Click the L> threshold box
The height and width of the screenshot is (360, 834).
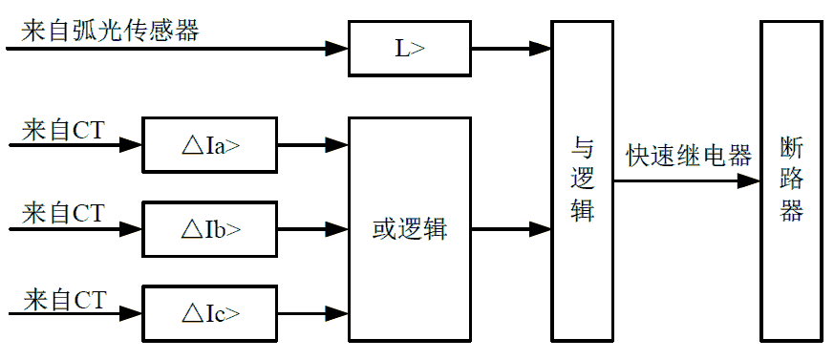(x=410, y=48)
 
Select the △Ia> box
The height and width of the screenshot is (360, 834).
(x=209, y=146)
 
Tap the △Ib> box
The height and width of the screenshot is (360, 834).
(x=209, y=229)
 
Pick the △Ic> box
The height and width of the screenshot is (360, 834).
(x=209, y=312)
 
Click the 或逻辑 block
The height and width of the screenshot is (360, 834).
(x=410, y=229)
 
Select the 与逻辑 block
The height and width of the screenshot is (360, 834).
(x=582, y=180)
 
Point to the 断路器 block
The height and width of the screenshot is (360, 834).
(x=791, y=180)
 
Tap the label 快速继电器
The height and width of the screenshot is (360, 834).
(x=688, y=156)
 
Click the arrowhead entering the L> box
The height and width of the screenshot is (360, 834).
(x=337, y=48)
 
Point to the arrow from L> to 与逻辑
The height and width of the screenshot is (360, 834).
(x=511, y=48)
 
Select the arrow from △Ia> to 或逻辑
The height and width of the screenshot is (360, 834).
(x=312, y=146)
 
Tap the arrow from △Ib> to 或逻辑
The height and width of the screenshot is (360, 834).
(x=312, y=229)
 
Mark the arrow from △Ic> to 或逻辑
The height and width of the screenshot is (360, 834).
(x=312, y=312)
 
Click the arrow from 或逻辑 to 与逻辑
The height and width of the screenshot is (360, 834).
(x=511, y=229)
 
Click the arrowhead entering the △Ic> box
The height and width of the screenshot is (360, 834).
(x=131, y=312)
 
